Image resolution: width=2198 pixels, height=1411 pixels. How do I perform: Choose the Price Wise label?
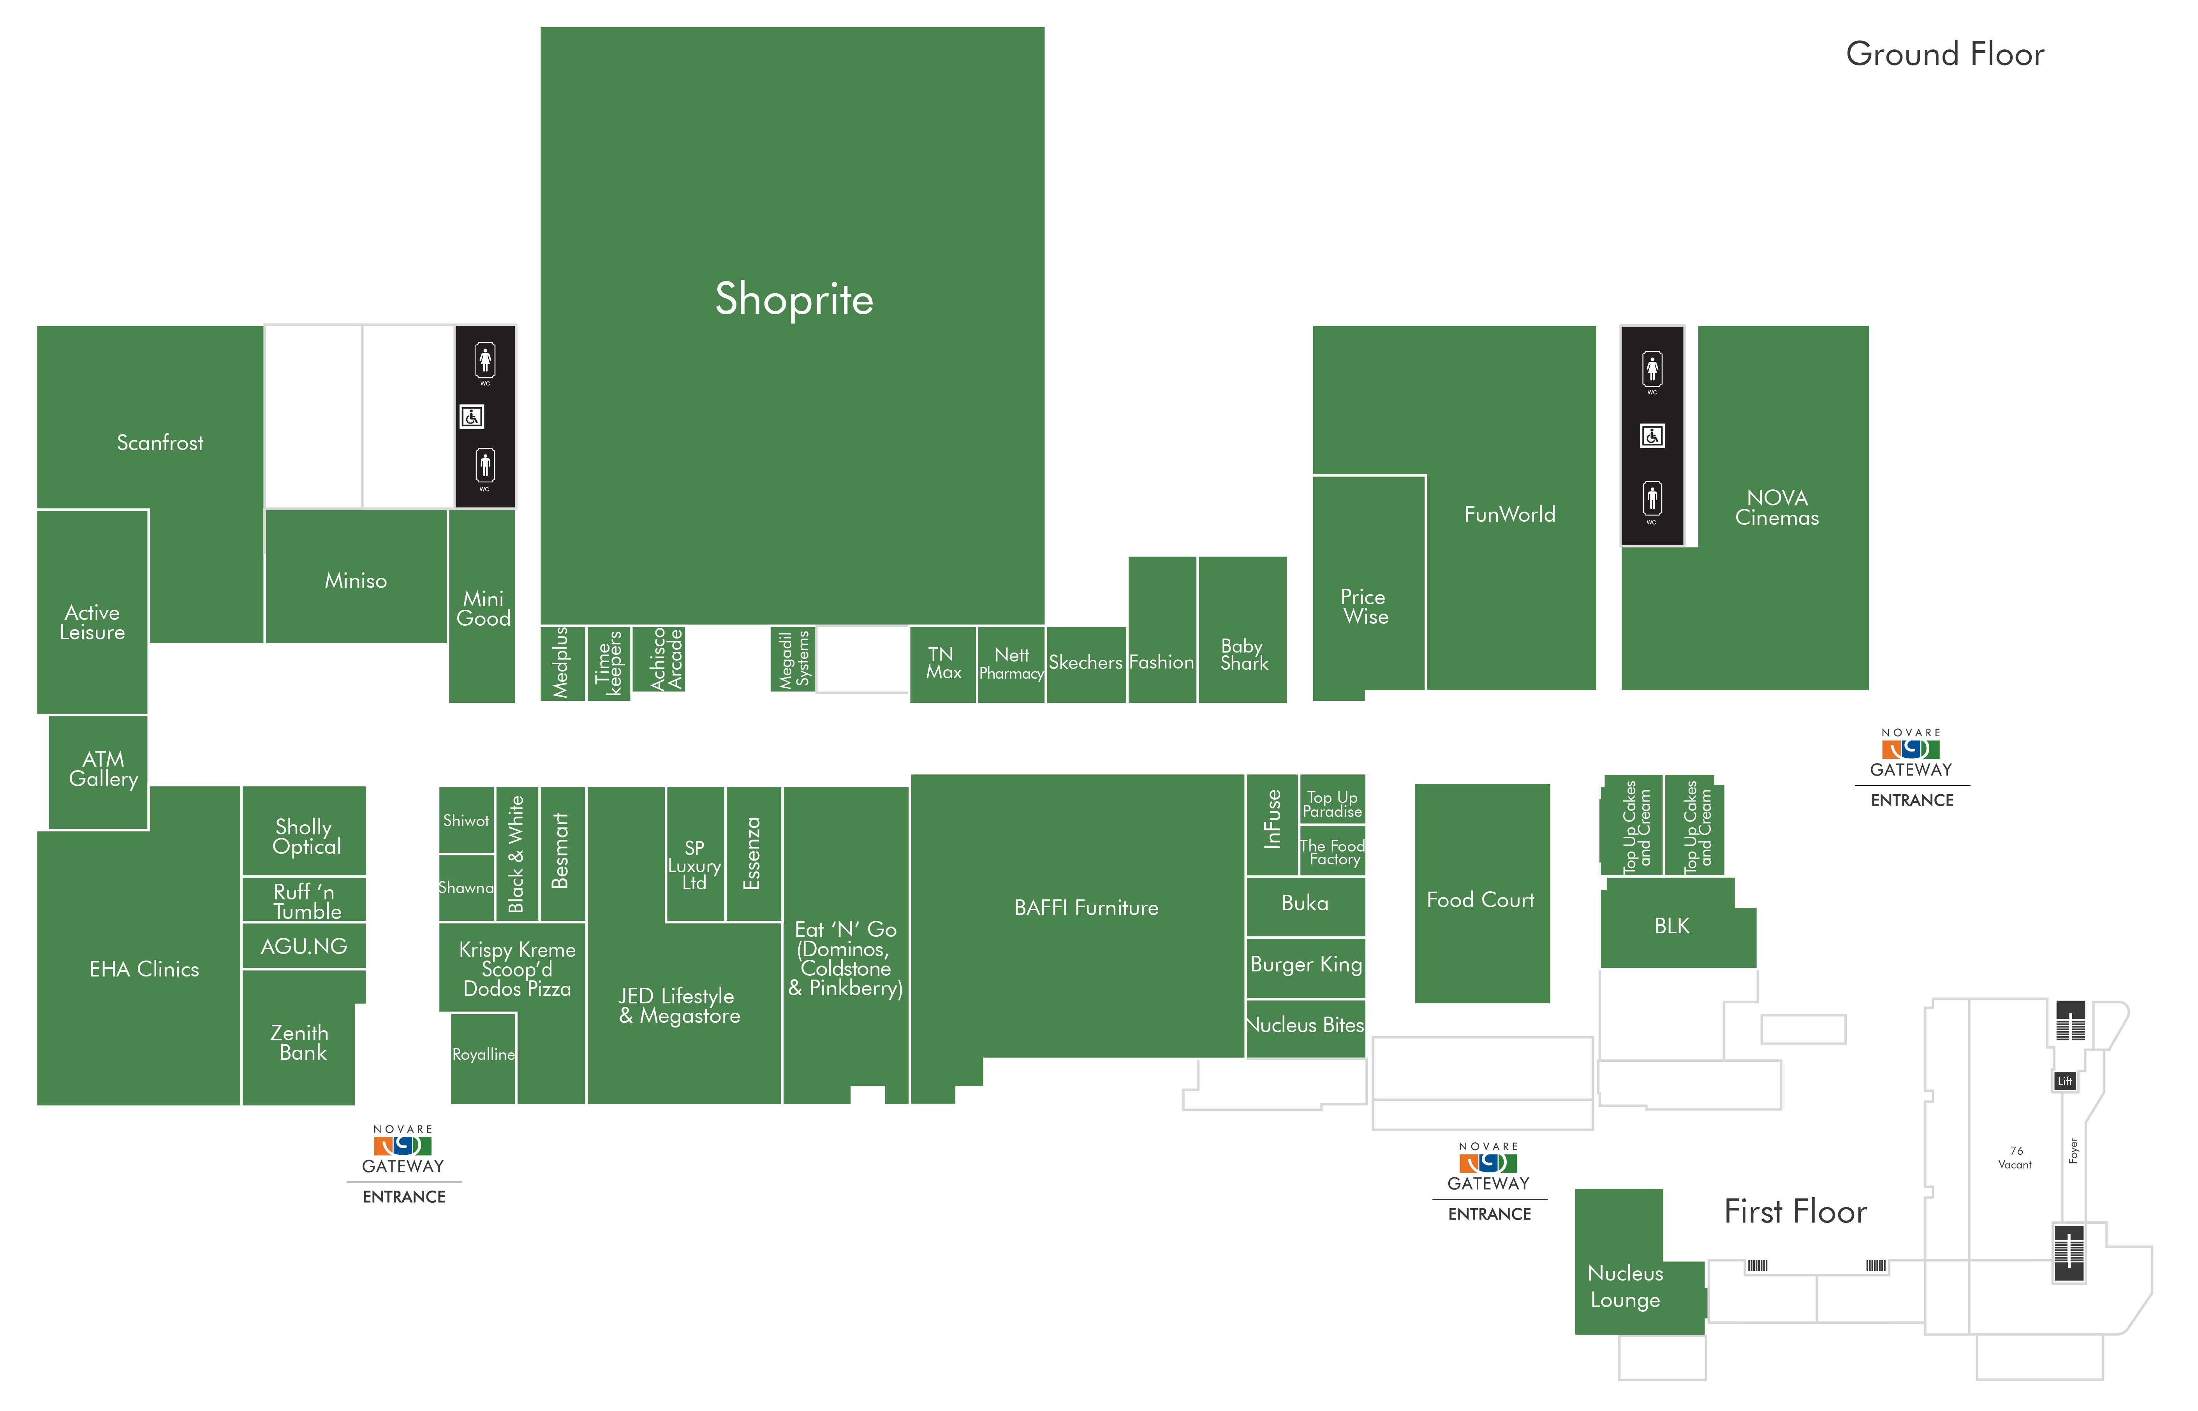coord(1364,607)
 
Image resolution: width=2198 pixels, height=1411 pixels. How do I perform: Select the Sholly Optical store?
coord(304,830)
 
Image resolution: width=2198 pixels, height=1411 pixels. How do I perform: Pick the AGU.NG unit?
coord(304,946)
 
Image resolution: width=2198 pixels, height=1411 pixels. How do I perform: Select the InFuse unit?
coord(1272,825)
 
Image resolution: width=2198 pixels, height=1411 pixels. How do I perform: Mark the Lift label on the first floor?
coord(2065,1081)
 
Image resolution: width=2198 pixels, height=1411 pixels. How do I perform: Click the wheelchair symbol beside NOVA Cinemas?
coord(1652,436)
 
